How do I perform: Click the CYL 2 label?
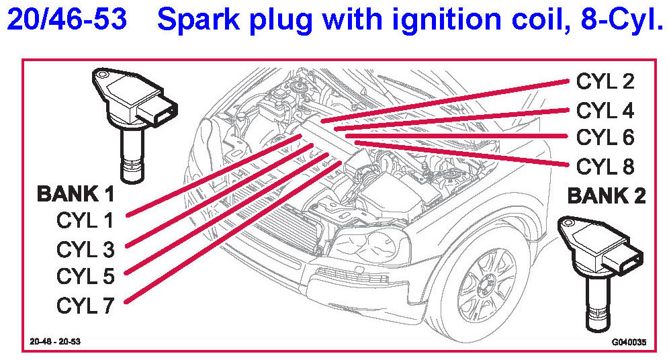coord(605,81)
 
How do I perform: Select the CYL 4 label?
coord(605,109)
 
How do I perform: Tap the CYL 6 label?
coord(605,137)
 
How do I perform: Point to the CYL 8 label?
coord(605,165)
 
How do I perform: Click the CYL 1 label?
coord(85,220)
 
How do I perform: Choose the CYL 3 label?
coord(85,249)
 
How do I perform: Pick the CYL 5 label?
coord(85,277)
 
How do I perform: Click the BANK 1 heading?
coord(75,195)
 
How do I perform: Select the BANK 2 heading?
coord(607,195)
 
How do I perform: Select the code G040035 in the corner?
coord(628,342)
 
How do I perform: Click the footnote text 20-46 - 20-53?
coord(55,341)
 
